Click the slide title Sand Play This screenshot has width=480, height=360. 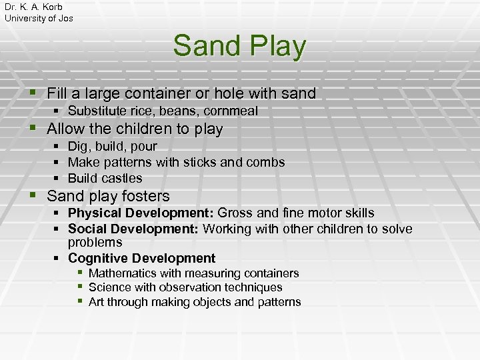(239, 46)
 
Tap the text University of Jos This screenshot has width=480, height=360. (39, 18)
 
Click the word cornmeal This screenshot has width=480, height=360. (232, 111)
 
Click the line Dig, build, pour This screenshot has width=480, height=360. (113, 146)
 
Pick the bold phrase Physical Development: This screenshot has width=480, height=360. (141, 213)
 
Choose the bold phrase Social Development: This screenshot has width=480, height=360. (133, 229)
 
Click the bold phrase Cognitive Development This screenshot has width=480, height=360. (141, 258)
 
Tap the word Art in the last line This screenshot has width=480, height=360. (96, 302)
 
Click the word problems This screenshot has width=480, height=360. (95, 243)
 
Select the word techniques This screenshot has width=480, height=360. (255, 287)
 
